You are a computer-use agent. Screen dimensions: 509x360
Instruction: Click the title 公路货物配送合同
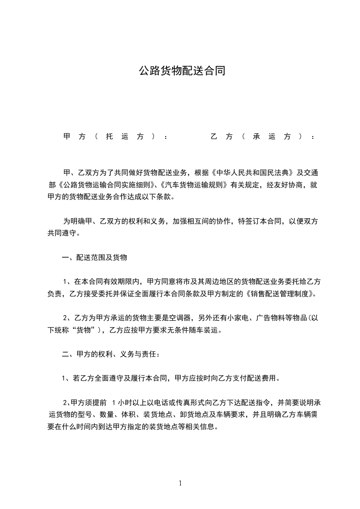coord(181,71)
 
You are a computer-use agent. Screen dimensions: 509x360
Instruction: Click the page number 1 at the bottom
coord(180,483)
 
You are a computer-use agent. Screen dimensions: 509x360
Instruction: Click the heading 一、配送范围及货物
coord(94,258)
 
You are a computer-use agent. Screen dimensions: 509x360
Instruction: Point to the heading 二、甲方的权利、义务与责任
coord(110,354)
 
